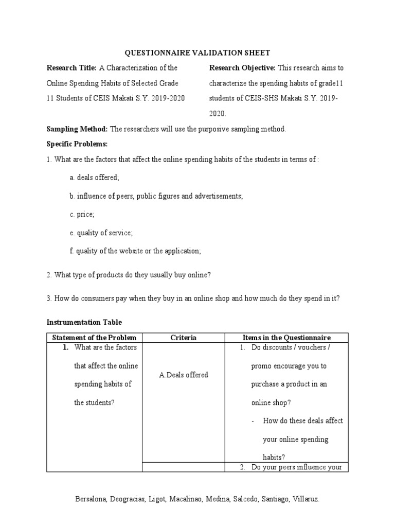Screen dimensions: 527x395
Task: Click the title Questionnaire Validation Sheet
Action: tap(197, 52)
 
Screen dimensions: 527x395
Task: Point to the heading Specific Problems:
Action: tap(77, 144)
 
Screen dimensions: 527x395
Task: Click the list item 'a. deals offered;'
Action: tap(94, 178)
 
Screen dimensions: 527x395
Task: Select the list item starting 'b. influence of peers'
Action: tap(156, 196)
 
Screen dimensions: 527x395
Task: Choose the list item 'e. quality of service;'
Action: tap(101, 233)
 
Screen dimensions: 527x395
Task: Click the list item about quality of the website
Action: tap(135, 251)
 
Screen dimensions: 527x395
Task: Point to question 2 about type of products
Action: tap(129, 275)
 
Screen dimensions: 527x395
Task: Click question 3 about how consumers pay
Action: tap(193, 298)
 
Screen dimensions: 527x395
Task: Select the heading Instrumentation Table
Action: tap(84, 322)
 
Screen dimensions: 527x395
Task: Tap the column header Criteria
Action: tap(183, 338)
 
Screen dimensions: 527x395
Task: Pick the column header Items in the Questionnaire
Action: tap(286, 338)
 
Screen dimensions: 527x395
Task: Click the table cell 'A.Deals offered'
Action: tap(183, 375)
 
